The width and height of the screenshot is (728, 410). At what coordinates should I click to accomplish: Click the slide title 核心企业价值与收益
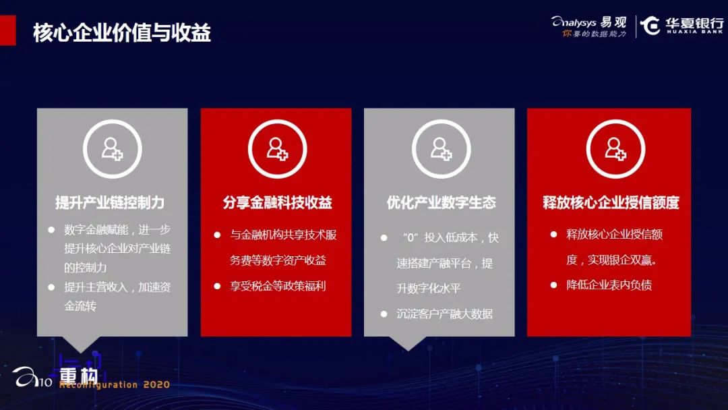121,32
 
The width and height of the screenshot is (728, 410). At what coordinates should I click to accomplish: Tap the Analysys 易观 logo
588,26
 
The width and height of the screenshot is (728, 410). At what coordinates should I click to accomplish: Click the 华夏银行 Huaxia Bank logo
681,26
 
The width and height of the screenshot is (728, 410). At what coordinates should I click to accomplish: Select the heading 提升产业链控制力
110,202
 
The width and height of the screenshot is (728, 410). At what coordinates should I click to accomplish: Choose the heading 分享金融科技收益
277,202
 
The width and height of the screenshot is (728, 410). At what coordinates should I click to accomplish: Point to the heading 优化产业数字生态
441,202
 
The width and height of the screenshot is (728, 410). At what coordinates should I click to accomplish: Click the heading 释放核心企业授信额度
611,202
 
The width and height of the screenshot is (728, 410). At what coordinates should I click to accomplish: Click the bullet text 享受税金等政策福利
278,286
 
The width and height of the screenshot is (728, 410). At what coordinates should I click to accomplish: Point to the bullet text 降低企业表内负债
609,285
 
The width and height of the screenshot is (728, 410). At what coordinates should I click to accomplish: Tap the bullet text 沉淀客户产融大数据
444,314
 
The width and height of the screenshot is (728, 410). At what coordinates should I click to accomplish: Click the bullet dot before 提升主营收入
51,287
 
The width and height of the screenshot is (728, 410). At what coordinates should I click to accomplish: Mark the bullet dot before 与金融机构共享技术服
217,235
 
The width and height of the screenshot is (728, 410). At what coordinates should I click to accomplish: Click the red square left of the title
8,30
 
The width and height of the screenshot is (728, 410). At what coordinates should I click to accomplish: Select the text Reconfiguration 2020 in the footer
114,384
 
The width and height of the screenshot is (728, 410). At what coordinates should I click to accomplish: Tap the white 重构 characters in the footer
79,375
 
